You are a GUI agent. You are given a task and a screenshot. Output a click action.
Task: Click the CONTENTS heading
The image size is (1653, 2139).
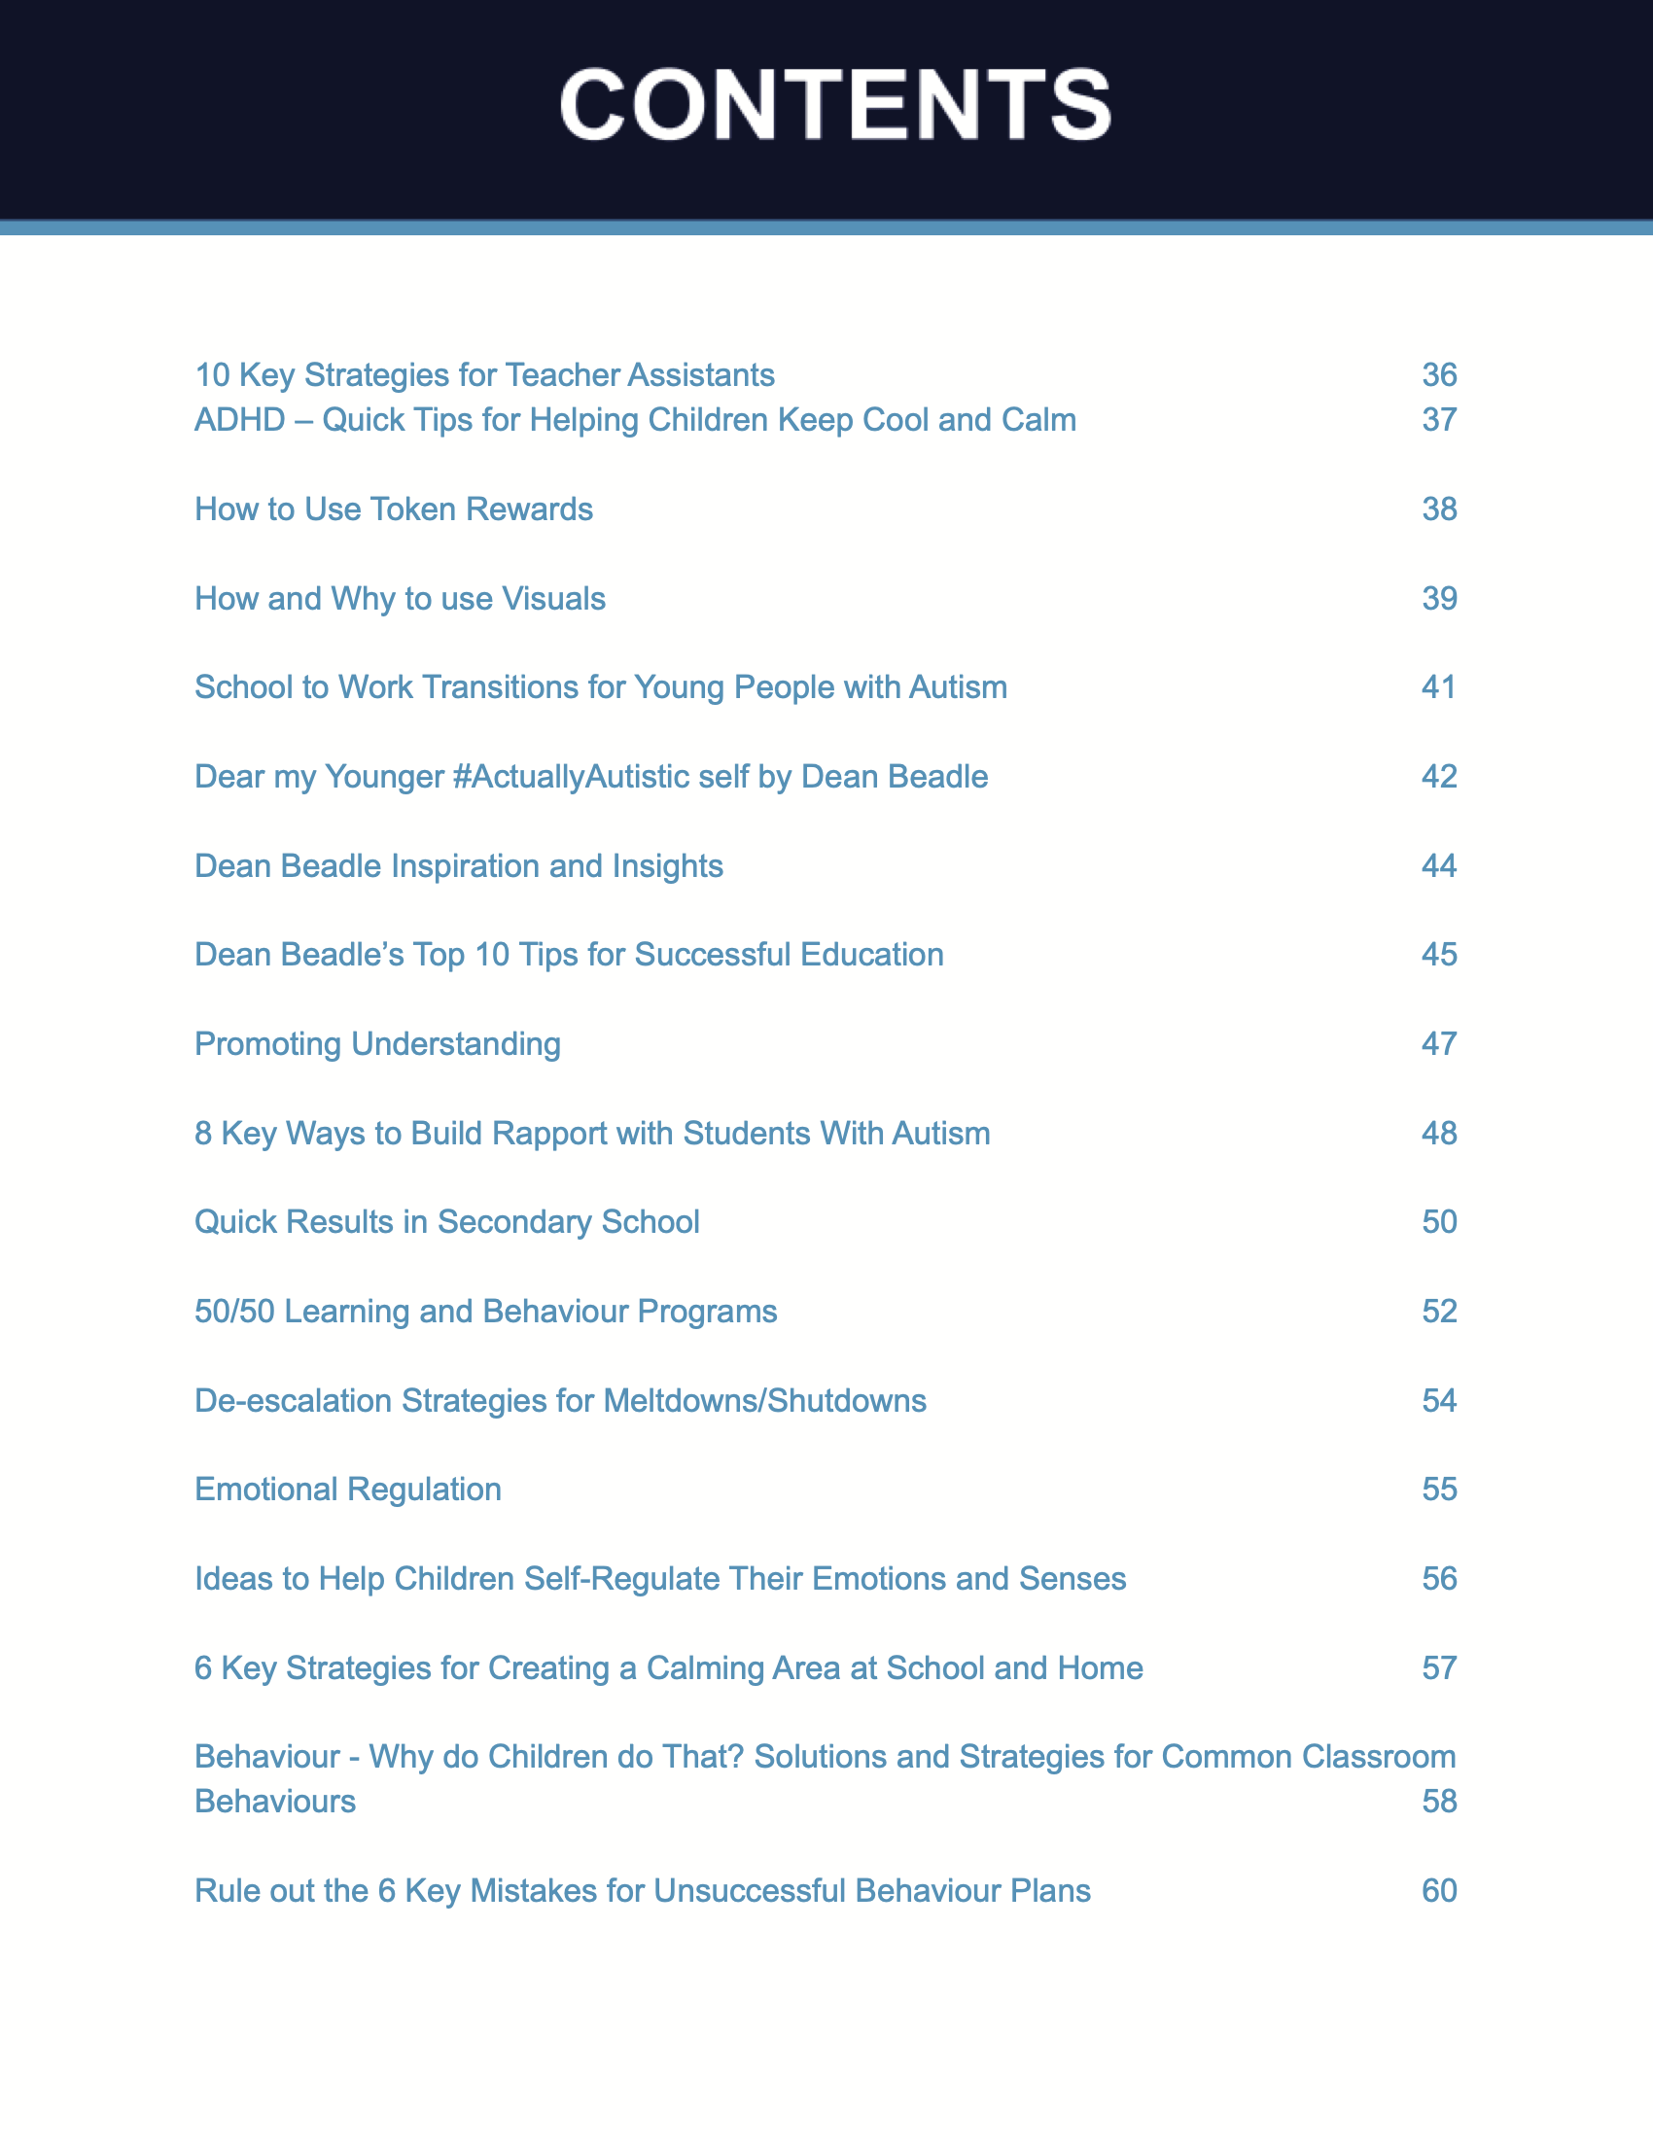pos(834,105)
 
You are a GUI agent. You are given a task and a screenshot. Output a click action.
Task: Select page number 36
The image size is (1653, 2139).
pos(1438,375)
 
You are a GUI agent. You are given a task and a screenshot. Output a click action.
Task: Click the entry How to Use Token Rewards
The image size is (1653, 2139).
pos(394,509)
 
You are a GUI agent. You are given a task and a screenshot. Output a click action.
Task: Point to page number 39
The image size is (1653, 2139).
pos(1438,598)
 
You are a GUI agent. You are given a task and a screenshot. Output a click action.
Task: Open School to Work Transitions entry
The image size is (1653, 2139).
pos(600,687)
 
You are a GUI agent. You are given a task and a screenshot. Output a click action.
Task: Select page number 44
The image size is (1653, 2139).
pos(1438,865)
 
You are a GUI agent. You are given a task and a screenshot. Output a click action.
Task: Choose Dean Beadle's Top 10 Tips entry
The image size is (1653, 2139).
pos(569,955)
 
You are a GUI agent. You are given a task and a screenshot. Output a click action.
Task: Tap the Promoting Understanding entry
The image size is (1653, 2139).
pos(378,1044)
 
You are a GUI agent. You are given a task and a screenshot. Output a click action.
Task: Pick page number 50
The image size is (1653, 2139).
pos(1438,1222)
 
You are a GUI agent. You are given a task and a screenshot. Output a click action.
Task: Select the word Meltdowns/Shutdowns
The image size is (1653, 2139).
pos(765,1400)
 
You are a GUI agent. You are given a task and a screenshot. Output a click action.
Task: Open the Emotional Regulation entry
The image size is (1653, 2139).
pos(348,1490)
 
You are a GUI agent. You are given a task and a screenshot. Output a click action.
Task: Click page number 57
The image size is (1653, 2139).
pos(1438,1667)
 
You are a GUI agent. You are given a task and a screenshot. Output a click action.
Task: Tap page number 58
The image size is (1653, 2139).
pos(1438,1801)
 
